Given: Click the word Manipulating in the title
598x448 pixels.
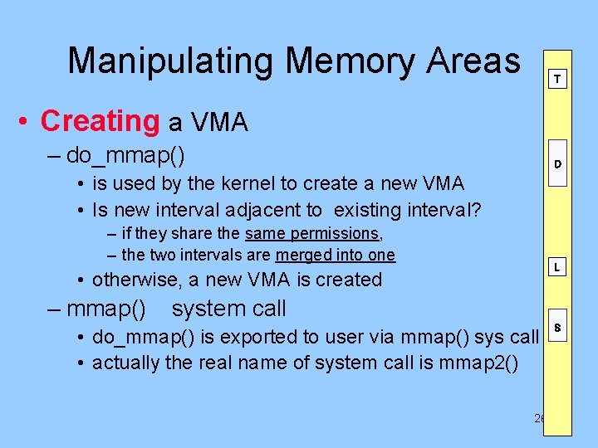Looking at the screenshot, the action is [171, 61].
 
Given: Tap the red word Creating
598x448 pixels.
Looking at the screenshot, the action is [100, 121].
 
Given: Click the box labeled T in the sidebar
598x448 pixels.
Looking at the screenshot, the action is [556, 80].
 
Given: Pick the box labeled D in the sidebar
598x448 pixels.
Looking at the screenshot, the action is [556, 164].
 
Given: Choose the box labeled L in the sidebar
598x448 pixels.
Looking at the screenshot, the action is [556, 267].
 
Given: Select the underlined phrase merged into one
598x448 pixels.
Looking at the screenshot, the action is [336, 255].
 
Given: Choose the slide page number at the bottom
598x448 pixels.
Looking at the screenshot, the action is [539, 419].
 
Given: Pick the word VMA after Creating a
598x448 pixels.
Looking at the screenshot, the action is [220, 123].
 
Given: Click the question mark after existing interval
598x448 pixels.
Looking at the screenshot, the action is [475, 211].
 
